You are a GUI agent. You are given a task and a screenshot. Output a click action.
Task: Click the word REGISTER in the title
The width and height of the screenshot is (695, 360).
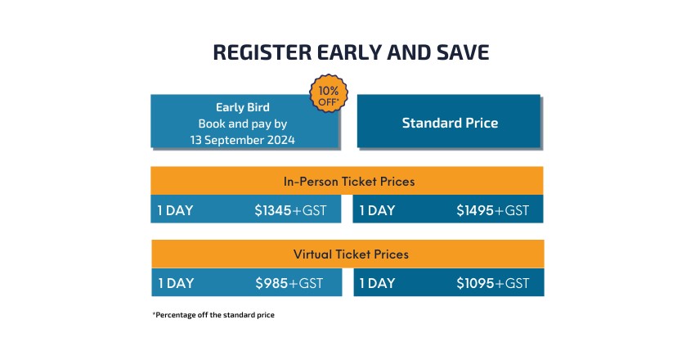point(262,52)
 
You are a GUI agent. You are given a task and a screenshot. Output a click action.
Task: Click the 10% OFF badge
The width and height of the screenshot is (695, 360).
point(329,93)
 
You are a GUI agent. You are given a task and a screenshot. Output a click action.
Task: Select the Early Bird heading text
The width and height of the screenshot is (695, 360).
point(243,107)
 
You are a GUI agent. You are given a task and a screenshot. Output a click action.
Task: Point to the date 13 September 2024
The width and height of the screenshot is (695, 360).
point(243,140)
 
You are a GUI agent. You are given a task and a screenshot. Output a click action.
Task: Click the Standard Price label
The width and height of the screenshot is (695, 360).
point(450,123)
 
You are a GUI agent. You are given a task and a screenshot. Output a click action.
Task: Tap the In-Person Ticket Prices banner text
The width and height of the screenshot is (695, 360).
point(349,182)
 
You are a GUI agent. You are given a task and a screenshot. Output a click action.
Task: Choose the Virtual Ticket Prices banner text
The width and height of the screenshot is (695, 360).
point(351,254)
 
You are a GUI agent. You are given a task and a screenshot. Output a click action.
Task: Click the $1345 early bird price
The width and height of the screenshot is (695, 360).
point(273,210)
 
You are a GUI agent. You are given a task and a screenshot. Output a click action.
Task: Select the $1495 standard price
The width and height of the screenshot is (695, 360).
point(475,210)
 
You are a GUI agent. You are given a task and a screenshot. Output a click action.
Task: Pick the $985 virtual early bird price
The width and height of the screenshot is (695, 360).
point(271,283)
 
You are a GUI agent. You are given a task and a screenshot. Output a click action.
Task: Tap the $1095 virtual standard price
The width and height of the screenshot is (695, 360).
point(475,283)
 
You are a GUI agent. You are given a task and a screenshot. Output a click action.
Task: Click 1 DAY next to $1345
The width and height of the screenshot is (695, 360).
point(176,210)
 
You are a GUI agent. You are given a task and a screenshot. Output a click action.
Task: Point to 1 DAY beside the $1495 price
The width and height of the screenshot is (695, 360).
point(377,210)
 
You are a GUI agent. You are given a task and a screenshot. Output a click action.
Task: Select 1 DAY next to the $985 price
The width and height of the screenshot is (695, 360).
point(176,283)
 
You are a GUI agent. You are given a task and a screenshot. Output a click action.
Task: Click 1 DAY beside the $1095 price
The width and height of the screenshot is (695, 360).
point(377,283)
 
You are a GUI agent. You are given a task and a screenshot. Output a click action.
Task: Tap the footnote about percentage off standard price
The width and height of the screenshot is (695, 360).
point(213,315)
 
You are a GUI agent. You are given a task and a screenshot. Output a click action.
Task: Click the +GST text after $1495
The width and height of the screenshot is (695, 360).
point(512,210)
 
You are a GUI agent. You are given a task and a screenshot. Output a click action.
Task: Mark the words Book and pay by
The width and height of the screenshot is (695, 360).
point(243,124)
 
